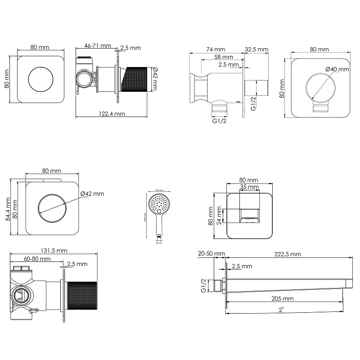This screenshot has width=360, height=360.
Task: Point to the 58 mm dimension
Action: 224,57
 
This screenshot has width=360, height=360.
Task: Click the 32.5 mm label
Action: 256,49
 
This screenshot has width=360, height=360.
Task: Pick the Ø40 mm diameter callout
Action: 337,69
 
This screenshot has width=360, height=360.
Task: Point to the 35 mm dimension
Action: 249,187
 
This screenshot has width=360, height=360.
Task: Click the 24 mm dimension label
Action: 219,216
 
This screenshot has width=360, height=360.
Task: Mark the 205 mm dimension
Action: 283,298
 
